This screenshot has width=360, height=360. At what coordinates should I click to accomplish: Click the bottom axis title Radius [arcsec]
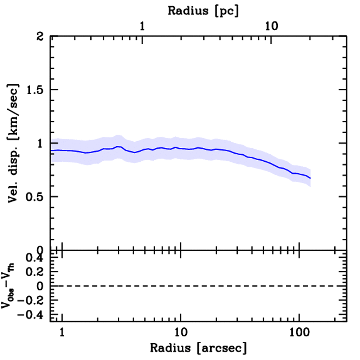[199, 348]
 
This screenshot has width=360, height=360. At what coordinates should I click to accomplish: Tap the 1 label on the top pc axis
[142, 26]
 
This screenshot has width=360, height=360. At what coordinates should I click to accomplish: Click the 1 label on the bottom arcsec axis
[62, 332]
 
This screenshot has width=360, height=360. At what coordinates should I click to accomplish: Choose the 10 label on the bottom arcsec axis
[180, 332]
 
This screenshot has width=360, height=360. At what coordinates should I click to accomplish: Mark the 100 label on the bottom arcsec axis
[299, 332]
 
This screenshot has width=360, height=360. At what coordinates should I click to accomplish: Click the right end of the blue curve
[310, 178]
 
